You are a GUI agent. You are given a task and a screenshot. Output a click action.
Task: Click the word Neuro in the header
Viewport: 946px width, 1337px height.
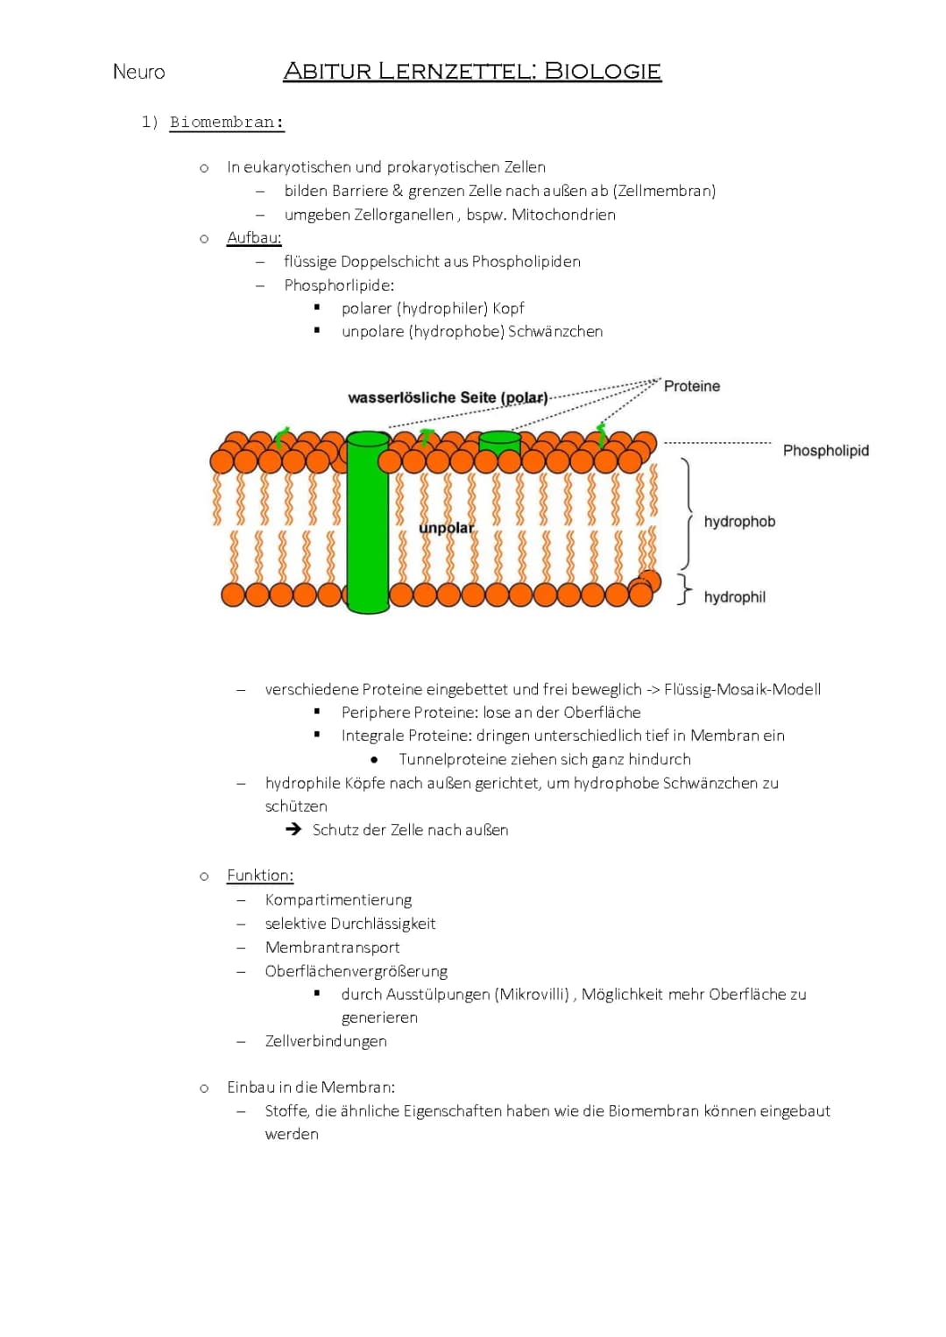pos(138,72)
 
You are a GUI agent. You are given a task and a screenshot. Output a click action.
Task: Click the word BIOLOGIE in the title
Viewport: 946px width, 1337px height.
pos(603,71)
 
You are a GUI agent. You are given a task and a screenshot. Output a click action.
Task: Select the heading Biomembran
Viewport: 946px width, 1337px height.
pos(227,123)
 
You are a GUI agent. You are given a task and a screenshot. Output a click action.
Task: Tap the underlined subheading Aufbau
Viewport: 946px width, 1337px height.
pos(254,237)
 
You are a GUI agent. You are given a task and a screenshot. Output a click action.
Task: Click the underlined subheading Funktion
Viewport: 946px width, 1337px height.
pos(260,875)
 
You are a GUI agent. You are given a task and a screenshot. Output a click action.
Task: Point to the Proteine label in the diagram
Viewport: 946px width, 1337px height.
pos(692,386)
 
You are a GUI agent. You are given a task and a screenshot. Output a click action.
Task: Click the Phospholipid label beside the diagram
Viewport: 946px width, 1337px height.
pos(825,450)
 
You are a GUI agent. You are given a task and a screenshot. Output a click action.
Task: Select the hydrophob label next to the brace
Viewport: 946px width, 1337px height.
pos(739,522)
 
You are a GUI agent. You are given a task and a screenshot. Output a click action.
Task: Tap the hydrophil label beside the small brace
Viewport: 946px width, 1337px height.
pos(734,597)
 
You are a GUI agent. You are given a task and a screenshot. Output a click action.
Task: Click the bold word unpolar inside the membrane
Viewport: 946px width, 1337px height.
pos(446,528)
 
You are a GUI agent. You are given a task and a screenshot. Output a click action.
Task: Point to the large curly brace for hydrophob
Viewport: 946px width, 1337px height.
pos(688,514)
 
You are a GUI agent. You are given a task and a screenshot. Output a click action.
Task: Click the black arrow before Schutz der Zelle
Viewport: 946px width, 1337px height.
pos(293,829)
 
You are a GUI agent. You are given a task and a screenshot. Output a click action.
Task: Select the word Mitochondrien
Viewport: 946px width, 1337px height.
pos(563,215)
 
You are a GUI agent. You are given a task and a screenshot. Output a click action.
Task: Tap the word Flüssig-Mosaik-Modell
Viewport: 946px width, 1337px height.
pos(742,689)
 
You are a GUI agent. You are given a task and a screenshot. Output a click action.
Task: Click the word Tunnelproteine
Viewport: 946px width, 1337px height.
pos(452,759)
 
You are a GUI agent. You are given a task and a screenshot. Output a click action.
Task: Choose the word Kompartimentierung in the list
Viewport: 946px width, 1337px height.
pos(338,899)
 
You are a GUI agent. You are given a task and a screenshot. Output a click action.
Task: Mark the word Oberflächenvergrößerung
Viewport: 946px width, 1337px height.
pos(356,971)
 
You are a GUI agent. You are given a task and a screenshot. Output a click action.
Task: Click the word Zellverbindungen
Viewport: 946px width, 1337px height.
pos(326,1041)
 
